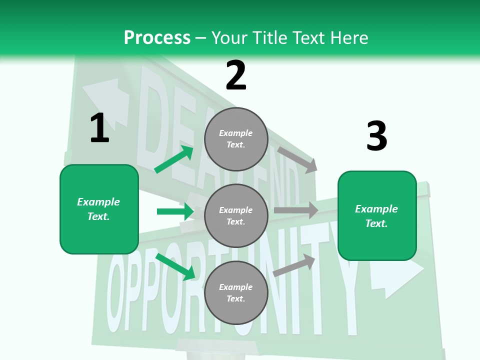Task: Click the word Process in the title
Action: click(x=157, y=37)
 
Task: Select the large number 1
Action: click(x=99, y=128)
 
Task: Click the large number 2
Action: click(x=236, y=75)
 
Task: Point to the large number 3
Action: click(x=376, y=136)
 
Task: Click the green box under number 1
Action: click(x=99, y=209)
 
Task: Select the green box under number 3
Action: click(x=377, y=215)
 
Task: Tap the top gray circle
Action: click(x=236, y=139)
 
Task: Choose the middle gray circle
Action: click(x=236, y=215)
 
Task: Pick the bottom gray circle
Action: click(x=236, y=292)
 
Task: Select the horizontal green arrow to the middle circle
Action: click(x=175, y=211)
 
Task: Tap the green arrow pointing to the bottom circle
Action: click(x=175, y=266)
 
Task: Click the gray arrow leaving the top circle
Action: click(x=297, y=159)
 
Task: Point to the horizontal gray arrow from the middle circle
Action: click(x=295, y=210)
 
